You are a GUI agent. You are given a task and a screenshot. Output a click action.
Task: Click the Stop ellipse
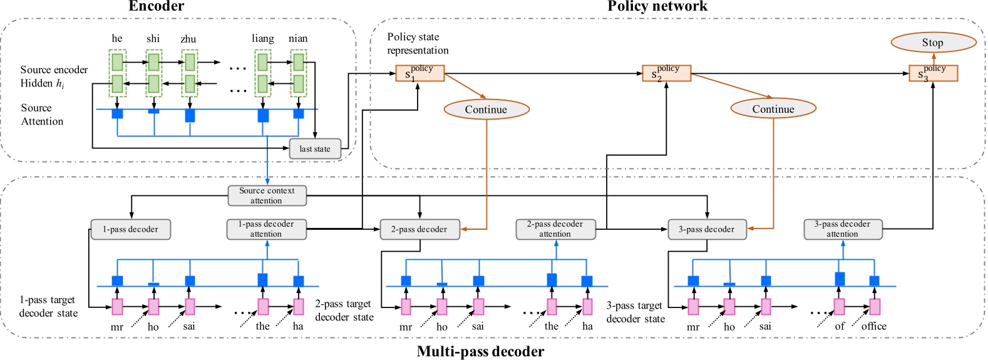click(x=933, y=43)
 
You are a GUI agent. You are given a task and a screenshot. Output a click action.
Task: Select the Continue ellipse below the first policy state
click(x=486, y=110)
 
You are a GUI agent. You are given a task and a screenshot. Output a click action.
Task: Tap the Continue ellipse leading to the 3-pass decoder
click(x=773, y=109)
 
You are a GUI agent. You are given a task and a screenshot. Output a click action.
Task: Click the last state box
click(x=315, y=149)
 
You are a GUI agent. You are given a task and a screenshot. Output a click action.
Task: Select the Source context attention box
click(x=267, y=195)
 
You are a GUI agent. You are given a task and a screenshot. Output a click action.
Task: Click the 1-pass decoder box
click(x=130, y=229)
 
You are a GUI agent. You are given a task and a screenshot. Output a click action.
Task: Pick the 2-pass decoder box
click(x=419, y=229)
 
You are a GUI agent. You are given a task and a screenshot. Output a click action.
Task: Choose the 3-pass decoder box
click(x=706, y=229)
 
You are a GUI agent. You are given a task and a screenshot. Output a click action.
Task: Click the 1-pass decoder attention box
click(x=266, y=229)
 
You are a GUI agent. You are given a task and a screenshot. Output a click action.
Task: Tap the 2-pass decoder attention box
click(x=555, y=229)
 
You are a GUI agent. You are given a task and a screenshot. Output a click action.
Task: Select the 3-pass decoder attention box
click(x=842, y=229)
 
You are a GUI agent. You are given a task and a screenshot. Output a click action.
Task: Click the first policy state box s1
click(x=419, y=73)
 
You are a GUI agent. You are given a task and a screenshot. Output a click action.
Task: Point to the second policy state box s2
click(x=666, y=73)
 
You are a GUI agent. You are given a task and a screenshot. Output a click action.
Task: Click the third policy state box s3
click(x=933, y=73)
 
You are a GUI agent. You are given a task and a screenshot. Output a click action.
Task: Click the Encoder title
click(x=157, y=6)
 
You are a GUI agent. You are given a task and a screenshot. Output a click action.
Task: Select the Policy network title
click(x=657, y=6)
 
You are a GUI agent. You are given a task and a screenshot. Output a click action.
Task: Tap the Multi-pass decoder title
click(x=480, y=351)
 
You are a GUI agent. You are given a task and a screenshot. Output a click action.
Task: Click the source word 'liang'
click(x=263, y=39)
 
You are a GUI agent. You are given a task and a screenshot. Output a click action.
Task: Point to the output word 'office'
click(x=873, y=326)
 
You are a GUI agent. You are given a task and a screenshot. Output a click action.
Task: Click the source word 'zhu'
click(x=188, y=39)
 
